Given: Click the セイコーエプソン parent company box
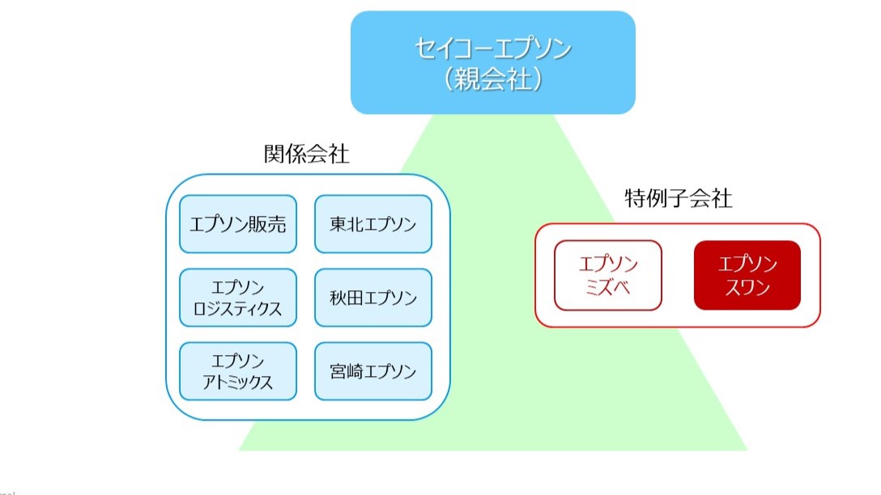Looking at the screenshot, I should point(492,62).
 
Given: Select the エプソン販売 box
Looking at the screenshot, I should point(238,224).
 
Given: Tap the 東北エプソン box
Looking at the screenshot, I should point(373,224).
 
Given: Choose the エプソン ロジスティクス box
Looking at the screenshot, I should point(238,298).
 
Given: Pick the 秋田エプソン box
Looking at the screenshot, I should point(373,298).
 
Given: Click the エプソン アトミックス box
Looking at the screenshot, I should point(238,371).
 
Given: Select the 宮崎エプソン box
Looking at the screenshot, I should point(373,371).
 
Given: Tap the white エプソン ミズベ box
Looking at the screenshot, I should point(608,275).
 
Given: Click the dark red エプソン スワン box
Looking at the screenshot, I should point(747,275).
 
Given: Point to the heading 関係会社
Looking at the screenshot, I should point(307,154).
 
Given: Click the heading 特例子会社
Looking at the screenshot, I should point(679,199).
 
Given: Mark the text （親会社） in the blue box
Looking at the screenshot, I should point(492,78).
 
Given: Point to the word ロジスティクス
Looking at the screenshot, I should point(238,308).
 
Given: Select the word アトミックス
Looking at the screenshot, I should point(238,382).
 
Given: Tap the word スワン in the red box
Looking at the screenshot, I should point(747,287).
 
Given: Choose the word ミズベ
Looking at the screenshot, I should point(608,287).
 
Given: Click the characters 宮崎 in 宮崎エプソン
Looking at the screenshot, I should point(343,372).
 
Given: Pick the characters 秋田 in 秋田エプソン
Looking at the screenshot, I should point(343,298).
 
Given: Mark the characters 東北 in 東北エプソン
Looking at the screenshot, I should point(343,225).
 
